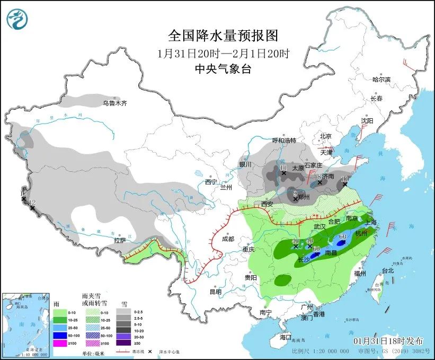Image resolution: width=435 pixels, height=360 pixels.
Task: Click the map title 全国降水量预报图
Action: (x=223, y=36)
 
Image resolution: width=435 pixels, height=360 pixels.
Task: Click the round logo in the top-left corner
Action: (x=17, y=19)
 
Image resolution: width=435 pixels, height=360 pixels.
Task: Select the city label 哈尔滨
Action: (x=381, y=80)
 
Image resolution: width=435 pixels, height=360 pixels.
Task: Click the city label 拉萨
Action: (x=120, y=240)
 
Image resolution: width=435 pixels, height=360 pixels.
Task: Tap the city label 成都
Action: (x=228, y=239)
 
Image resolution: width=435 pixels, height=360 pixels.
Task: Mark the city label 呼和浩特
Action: (x=284, y=141)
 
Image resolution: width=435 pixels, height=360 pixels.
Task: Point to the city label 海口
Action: (x=286, y=337)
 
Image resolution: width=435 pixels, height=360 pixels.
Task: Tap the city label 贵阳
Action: (x=251, y=277)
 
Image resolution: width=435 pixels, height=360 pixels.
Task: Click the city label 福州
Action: (x=360, y=274)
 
